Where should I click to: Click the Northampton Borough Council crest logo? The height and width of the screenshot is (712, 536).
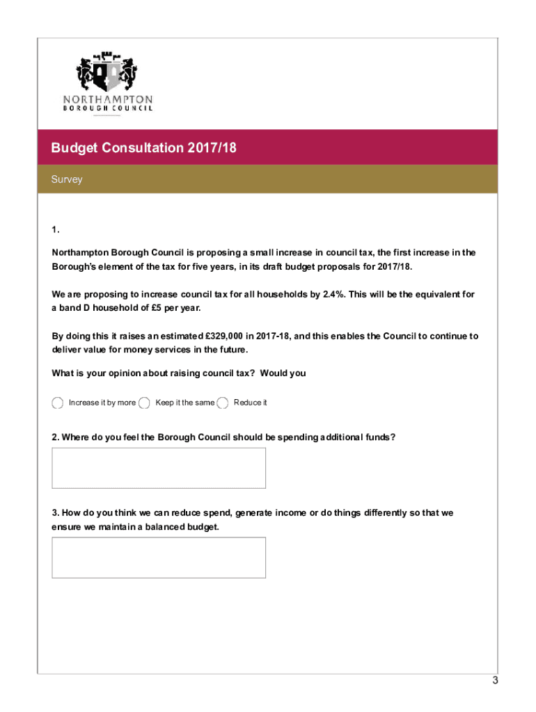[x=107, y=70]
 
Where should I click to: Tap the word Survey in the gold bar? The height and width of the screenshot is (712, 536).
[x=67, y=179]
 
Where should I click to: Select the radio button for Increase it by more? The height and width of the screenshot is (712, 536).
[x=58, y=403]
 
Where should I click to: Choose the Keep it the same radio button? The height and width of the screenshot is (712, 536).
[x=145, y=403]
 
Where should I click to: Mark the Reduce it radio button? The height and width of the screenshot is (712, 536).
[x=223, y=403]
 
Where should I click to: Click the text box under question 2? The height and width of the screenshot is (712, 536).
[x=159, y=468]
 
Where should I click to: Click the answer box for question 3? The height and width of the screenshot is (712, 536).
[x=159, y=558]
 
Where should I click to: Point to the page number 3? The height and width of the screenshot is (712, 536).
[x=495, y=681]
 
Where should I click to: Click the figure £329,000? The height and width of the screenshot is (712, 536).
[x=221, y=336]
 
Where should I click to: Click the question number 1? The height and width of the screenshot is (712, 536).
[x=56, y=230]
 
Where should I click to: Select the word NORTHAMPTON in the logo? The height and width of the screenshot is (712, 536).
[x=107, y=99]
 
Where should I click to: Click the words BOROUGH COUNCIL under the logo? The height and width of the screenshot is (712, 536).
[x=107, y=108]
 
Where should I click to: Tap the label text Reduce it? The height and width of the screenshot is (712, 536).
[x=250, y=403]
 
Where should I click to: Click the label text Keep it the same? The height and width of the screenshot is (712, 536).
[x=184, y=403]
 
